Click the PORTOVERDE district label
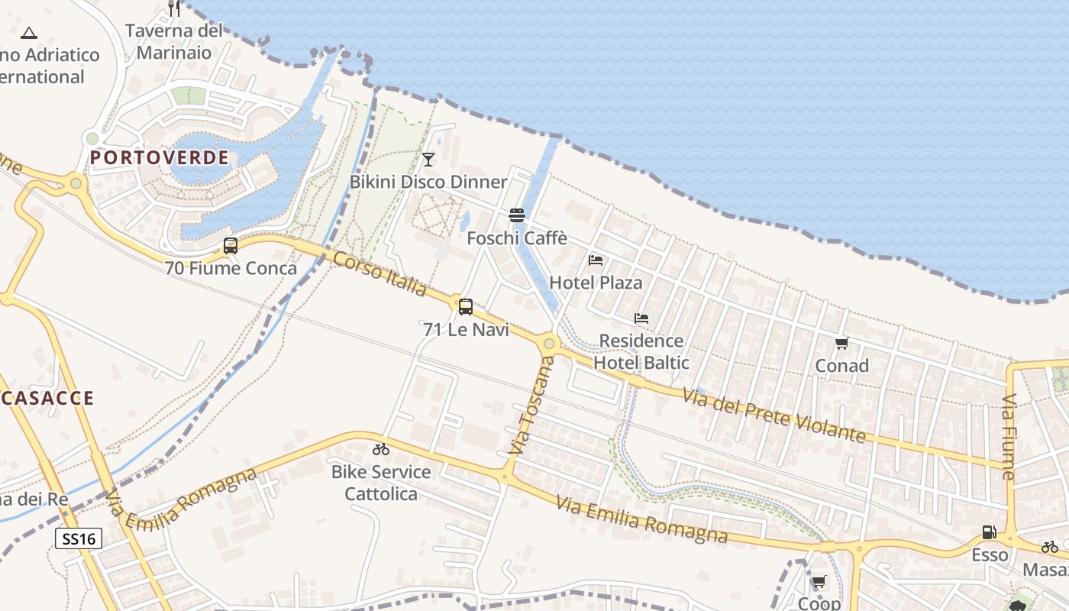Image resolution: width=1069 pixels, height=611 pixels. coord(160,158)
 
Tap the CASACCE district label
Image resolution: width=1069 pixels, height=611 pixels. coord(47,398)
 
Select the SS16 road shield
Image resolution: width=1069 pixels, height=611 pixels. coord(79,539)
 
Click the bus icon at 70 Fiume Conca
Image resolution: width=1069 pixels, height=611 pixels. coord(231,246)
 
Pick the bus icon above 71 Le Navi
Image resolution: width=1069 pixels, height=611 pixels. coord(466,307)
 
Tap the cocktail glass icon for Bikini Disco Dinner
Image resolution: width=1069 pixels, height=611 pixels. coord(428,159)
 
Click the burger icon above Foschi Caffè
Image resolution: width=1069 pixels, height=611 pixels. coord(517,215)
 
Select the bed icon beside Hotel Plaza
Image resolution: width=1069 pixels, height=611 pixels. coord(596,260)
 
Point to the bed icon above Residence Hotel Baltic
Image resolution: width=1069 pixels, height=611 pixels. coord(641,318)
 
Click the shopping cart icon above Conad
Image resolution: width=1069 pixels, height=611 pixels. coord(841,344)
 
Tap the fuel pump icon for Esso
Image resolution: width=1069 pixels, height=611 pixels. coord(989,532)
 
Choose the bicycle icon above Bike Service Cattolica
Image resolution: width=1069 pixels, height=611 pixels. coord(381,449)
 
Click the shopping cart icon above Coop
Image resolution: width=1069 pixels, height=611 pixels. coord(819,582)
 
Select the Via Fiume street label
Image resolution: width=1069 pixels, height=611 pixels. coord(1009,437)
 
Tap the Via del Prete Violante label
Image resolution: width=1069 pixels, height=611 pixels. coord(774,416)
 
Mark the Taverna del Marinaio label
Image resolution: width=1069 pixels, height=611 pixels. coord(174,41)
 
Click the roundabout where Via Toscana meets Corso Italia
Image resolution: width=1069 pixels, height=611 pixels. coord(548,344)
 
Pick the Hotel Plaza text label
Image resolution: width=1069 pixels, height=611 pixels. coord(596,283)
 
